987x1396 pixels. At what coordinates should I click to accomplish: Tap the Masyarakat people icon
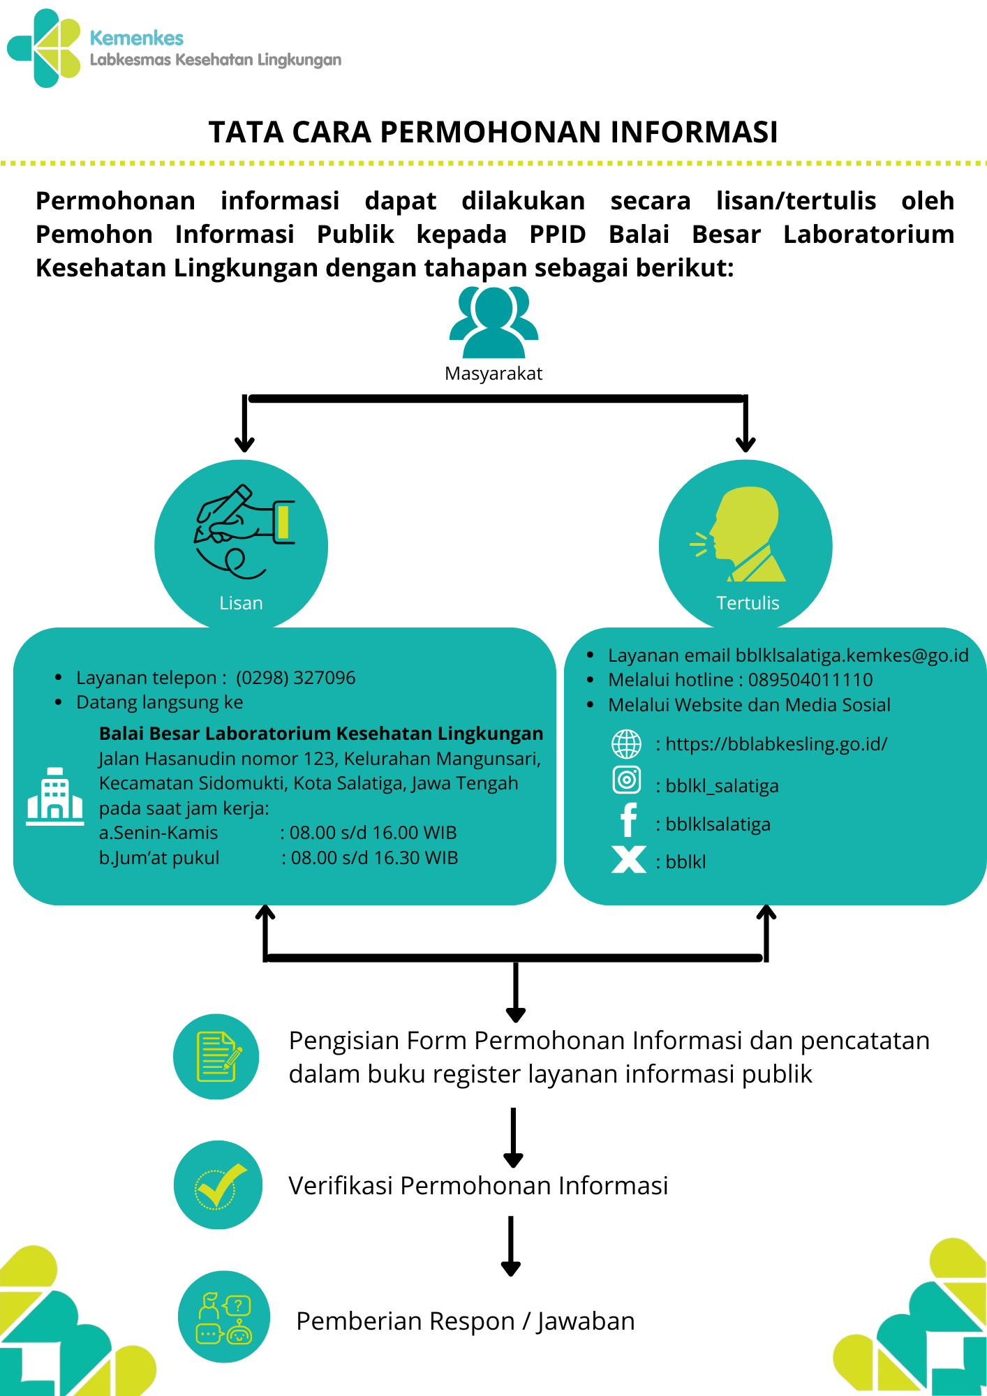[x=493, y=322]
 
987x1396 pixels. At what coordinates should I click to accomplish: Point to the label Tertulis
[x=748, y=603]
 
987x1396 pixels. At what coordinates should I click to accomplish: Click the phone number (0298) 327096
[x=295, y=678]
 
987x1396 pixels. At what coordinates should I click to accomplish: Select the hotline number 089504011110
[x=810, y=680]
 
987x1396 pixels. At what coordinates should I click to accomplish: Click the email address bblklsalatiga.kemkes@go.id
[x=852, y=655]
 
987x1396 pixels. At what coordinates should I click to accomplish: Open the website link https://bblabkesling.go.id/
[x=776, y=744]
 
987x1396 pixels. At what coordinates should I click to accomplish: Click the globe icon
[x=627, y=744]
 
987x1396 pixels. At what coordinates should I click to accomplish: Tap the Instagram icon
[x=627, y=780]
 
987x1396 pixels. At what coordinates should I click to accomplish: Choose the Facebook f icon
[x=628, y=819]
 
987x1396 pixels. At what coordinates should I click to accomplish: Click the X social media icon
[x=628, y=859]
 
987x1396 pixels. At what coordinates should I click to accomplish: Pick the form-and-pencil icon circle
[x=216, y=1057]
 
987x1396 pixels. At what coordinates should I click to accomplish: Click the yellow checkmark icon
[x=218, y=1185]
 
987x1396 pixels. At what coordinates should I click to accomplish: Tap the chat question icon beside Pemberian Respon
[x=224, y=1316]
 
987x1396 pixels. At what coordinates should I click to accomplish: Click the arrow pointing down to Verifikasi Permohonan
[x=513, y=1138]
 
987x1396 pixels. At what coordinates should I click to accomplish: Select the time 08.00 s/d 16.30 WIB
[x=374, y=858]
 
